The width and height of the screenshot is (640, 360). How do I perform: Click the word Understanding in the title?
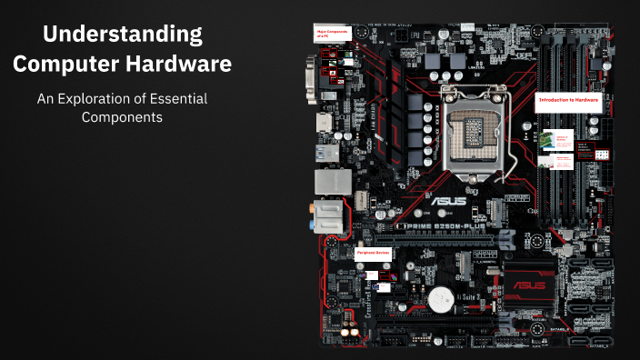tap(123, 36)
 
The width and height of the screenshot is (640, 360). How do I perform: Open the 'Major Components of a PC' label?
tap(332, 34)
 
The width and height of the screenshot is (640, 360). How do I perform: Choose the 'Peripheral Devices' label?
tap(374, 252)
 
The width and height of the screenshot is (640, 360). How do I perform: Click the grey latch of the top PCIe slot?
tap(507, 238)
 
